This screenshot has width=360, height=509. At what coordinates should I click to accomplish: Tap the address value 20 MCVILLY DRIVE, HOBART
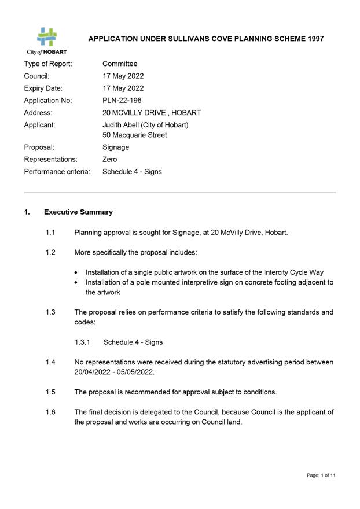(152, 113)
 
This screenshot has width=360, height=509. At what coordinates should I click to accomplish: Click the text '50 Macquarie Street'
(134, 135)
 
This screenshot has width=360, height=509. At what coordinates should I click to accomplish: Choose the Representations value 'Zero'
(109, 160)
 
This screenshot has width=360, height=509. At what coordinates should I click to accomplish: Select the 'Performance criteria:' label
(57, 172)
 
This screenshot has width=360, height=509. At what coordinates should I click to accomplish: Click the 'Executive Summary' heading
(78, 212)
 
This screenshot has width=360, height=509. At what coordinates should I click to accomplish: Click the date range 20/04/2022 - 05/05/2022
(114, 372)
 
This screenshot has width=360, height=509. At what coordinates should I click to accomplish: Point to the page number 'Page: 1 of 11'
(321, 475)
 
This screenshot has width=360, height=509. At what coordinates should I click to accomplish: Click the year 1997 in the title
(313, 39)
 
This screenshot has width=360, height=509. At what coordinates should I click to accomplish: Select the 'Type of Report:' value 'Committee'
(120, 64)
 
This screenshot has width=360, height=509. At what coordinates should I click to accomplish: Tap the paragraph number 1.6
(50, 412)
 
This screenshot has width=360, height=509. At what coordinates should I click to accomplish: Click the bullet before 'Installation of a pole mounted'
(78, 283)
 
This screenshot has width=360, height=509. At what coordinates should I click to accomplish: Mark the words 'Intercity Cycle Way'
(291, 272)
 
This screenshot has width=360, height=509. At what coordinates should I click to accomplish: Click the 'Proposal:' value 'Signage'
(116, 147)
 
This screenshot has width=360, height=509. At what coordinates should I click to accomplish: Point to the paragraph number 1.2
(50, 253)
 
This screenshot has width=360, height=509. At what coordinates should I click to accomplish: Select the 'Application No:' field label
(48, 101)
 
